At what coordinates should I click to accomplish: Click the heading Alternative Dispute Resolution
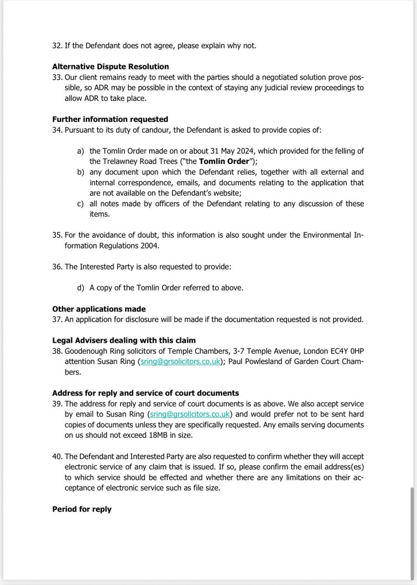pyautogui.click(x=110, y=66)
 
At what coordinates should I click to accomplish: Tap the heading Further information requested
pyautogui.click(x=110, y=119)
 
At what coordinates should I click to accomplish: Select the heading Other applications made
pyautogui.click(x=99, y=309)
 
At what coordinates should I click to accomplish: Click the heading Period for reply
pyautogui.click(x=81, y=509)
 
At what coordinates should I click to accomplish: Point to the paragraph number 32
pyautogui.click(x=57, y=46)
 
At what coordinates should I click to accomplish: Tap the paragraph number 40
pyautogui.click(x=57, y=456)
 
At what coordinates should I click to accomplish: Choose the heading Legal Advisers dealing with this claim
pyautogui.click(x=124, y=340)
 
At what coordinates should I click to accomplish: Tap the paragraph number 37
pyautogui.click(x=57, y=319)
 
